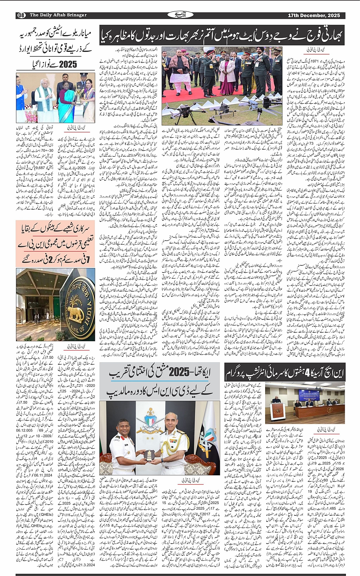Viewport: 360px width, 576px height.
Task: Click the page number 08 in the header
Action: coord(21,15)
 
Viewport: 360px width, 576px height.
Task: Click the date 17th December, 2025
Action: coord(314,15)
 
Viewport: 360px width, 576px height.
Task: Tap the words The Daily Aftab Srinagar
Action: coord(58,15)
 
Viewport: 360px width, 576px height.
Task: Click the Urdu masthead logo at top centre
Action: coord(179,15)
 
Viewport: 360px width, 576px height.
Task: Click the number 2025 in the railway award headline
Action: coord(68,64)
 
